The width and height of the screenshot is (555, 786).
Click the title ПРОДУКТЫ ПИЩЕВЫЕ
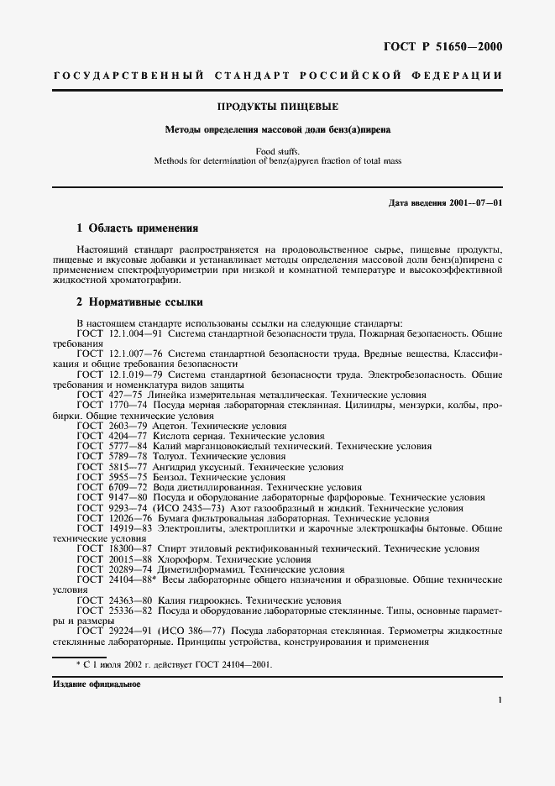pyautogui.click(x=277, y=107)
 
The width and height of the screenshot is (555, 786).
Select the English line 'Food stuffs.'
pyautogui.click(x=277, y=152)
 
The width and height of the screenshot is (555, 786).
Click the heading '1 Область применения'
pyautogui.click(x=137, y=228)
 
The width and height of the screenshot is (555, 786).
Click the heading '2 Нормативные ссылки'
pyautogui.click(x=139, y=302)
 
